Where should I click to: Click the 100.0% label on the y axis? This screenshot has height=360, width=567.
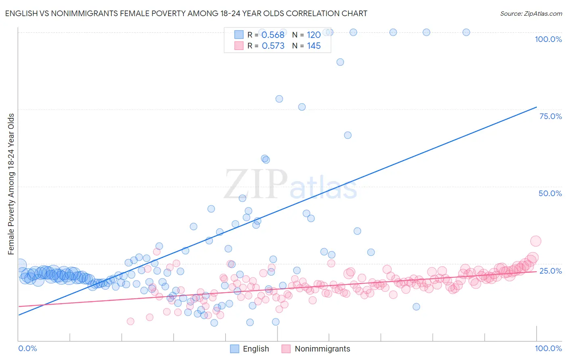point(548,39)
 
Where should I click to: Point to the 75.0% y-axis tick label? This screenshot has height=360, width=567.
point(550,116)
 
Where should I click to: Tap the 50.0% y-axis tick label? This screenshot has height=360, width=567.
point(550,193)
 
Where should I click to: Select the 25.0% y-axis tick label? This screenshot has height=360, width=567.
point(550,271)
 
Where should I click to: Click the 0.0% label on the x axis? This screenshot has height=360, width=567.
point(27,348)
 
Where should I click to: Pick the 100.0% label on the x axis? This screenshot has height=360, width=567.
point(548,348)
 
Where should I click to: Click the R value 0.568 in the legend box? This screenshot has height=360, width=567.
point(273,35)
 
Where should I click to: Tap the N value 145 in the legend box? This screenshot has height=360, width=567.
point(314,46)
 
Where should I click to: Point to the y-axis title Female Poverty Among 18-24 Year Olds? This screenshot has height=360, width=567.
point(11,184)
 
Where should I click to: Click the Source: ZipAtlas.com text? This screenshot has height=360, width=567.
point(531,13)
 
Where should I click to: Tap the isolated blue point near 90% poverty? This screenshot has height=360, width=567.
point(340,62)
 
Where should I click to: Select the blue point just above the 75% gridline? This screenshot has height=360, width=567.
point(302,107)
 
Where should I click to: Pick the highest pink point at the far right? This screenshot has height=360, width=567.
point(536,241)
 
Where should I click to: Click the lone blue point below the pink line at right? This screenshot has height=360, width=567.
point(416,307)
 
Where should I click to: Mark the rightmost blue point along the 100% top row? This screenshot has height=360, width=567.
point(466,32)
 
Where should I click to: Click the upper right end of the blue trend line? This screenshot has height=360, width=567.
point(536,107)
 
